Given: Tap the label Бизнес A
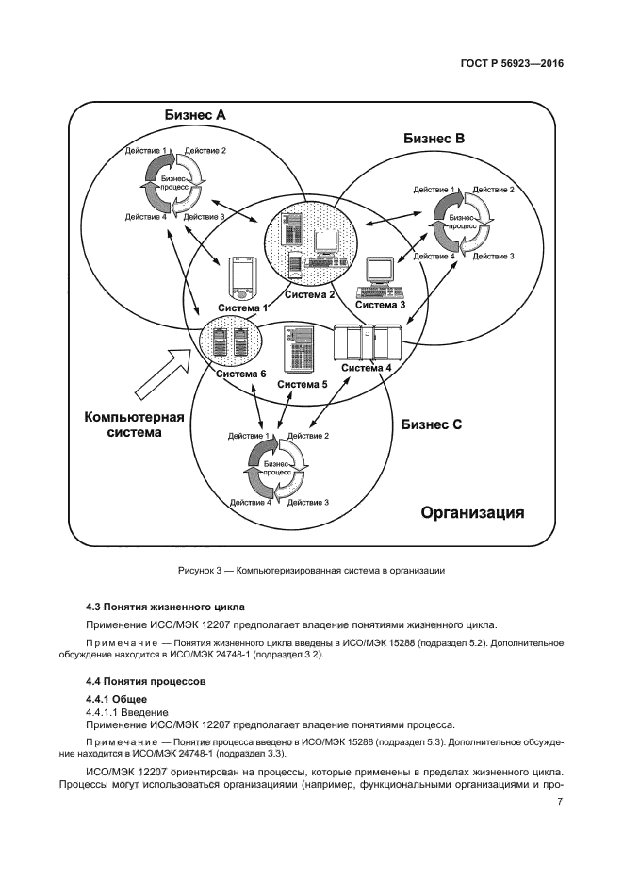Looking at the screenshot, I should (x=195, y=115).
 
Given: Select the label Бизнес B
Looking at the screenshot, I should (x=434, y=139).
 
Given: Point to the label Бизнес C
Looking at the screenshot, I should (x=431, y=424).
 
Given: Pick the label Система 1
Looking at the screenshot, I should (x=243, y=308).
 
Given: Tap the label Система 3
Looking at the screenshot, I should (x=381, y=304).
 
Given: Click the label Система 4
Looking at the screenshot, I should (x=367, y=368).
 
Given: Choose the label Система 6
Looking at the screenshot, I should (x=240, y=374).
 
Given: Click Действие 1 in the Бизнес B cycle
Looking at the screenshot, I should (x=434, y=190).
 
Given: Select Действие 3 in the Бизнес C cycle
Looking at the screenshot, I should (x=307, y=503).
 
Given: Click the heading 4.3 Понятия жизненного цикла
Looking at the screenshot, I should (x=165, y=607).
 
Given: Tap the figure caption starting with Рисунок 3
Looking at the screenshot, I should (x=310, y=571).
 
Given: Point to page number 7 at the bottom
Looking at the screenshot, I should (x=559, y=802).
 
